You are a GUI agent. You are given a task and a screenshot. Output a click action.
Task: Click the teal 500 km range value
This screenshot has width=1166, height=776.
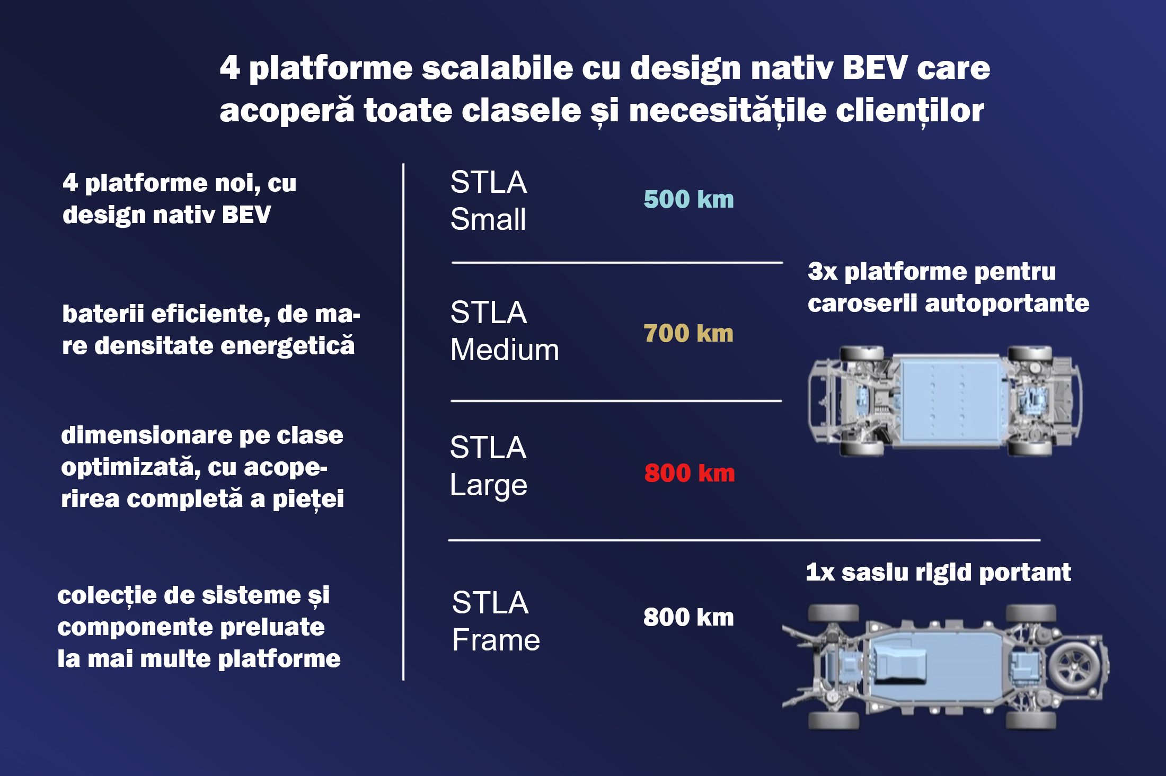pyautogui.click(x=688, y=199)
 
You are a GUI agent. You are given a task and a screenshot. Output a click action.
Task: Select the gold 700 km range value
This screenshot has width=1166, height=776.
pyautogui.click(x=688, y=333)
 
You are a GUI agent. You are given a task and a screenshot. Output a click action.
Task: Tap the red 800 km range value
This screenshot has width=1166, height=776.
pyautogui.click(x=690, y=473)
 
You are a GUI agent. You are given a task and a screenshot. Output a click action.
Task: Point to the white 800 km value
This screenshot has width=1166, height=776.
pyautogui.click(x=688, y=617)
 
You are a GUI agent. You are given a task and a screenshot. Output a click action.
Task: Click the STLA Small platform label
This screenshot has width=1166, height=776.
pyautogui.click(x=489, y=201)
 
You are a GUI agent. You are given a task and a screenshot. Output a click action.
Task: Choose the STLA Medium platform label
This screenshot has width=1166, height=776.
pyautogui.click(x=505, y=331)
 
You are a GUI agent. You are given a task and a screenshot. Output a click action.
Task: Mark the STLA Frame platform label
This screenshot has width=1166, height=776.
pyautogui.click(x=496, y=621)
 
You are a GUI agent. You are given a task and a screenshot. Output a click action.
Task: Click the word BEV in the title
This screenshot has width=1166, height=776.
pyautogui.click(x=875, y=68)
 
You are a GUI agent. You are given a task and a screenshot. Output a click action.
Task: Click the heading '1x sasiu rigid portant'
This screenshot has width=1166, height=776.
pyautogui.click(x=938, y=572)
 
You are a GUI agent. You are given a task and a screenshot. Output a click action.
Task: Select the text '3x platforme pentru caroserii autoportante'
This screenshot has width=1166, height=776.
pyautogui.click(x=948, y=287)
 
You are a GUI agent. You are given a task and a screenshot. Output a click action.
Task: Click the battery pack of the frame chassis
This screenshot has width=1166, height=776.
pyautogui.click(x=935, y=665)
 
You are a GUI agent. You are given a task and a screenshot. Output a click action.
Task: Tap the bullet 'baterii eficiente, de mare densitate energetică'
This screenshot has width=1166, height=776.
pyautogui.click(x=211, y=329)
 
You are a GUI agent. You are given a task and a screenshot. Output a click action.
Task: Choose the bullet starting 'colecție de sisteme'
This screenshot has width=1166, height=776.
pyautogui.click(x=199, y=627)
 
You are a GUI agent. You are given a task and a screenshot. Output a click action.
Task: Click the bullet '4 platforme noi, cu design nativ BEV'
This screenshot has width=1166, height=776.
pyautogui.click(x=179, y=199)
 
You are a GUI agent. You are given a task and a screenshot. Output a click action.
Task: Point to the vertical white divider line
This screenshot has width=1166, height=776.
pyautogui.click(x=403, y=422)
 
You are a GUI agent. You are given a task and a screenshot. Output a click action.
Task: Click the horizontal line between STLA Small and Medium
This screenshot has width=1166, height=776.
pyautogui.click(x=617, y=262)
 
